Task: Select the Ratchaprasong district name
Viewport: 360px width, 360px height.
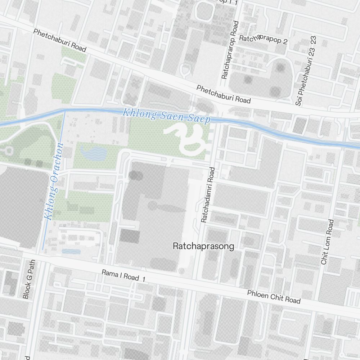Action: point(203,246)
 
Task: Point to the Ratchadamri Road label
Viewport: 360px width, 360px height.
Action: point(208,195)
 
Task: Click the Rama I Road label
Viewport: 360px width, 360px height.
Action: point(120,275)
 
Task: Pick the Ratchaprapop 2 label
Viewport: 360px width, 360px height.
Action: point(263,40)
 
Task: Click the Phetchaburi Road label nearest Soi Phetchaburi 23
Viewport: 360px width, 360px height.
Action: point(223,94)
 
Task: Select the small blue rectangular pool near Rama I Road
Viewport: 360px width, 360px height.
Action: point(71,251)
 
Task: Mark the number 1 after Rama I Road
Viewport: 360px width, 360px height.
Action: point(143,279)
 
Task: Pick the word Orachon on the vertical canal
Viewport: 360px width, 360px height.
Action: point(57,162)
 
